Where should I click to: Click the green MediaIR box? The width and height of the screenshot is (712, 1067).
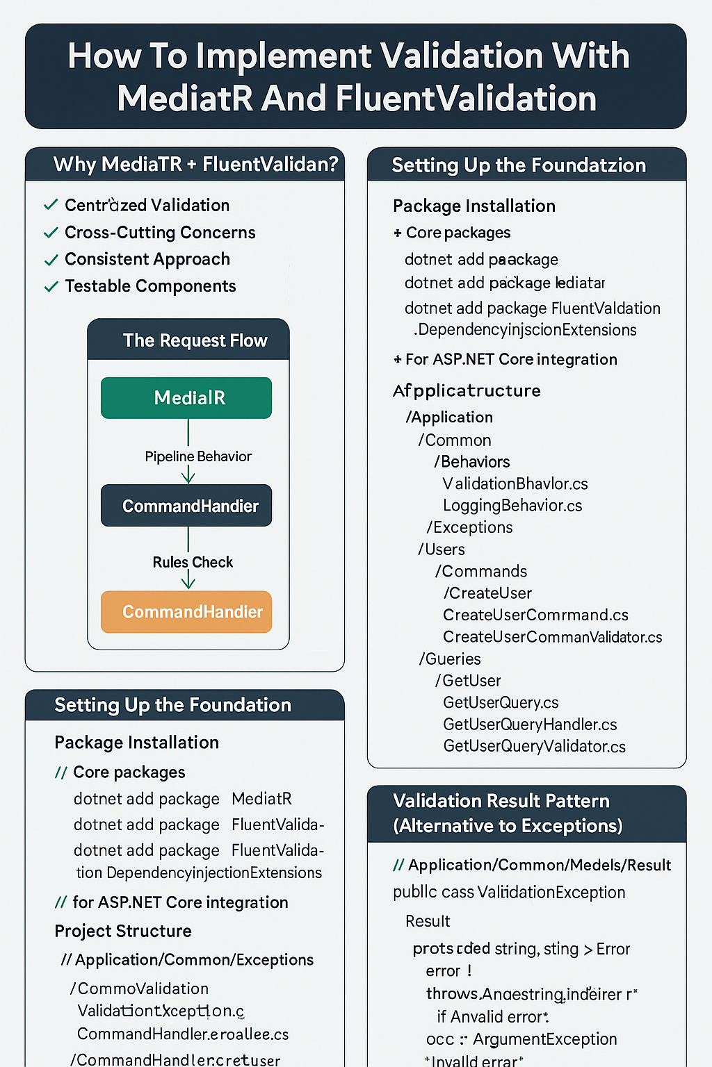[x=186, y=398]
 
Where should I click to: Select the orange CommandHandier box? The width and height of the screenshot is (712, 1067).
[x=186, y=612]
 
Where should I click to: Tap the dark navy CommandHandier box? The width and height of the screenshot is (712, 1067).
[x=186, y=506]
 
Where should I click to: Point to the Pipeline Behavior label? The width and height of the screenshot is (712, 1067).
[x=198, y=456]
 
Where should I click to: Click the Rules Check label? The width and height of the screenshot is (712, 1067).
[x=193, y=562]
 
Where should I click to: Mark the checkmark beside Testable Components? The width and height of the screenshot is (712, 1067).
[x=51, y=286]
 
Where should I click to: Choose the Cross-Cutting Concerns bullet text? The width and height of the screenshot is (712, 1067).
[x=160, y=233]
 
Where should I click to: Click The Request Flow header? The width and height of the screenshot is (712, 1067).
[x=195, y=340]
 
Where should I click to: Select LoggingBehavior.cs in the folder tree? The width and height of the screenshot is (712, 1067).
[x=512, y=506]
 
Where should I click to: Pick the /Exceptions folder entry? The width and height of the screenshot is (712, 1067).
[x=469, y=527]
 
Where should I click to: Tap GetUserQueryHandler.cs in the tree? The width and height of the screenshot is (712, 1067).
[x=530, y=725]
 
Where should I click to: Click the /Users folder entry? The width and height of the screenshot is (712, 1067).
[x=442, y=549]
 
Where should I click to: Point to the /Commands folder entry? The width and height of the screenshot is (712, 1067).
[x=481, y=571]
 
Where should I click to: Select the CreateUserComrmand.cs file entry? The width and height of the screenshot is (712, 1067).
[x=535, y=615]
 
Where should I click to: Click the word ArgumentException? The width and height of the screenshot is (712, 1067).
[x=545, y=1039]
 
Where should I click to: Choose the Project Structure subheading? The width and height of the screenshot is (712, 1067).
[x=123, y=931]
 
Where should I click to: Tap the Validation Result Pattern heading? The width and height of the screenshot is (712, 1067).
[x=501, y=801]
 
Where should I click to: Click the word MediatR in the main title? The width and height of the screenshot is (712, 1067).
[x=184, y=99]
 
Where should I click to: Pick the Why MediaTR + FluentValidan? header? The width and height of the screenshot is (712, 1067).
[x=195, y=165]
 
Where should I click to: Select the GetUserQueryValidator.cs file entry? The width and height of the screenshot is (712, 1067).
[x=534, y=746]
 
